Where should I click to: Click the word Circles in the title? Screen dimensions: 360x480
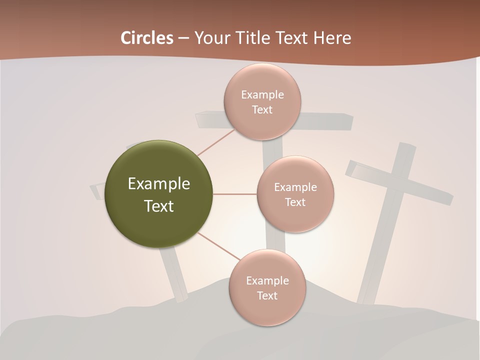[146, 38]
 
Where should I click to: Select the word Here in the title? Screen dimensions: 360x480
[332, 38]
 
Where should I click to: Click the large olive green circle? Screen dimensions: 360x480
[159, 194]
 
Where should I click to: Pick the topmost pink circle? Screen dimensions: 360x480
[262, 101]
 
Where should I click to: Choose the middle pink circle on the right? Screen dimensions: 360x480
[295, 194]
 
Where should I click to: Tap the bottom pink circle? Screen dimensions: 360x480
[267, 287]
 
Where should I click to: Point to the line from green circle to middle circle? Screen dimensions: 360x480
[235, 194]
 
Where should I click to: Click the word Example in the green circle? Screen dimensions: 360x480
[159, 184]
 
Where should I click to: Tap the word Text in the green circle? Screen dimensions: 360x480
[159, 206]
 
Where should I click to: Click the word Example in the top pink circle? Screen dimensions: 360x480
[262, 95]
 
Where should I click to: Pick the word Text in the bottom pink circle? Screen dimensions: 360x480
[267, 295]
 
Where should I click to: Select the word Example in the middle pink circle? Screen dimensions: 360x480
[295, 187]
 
